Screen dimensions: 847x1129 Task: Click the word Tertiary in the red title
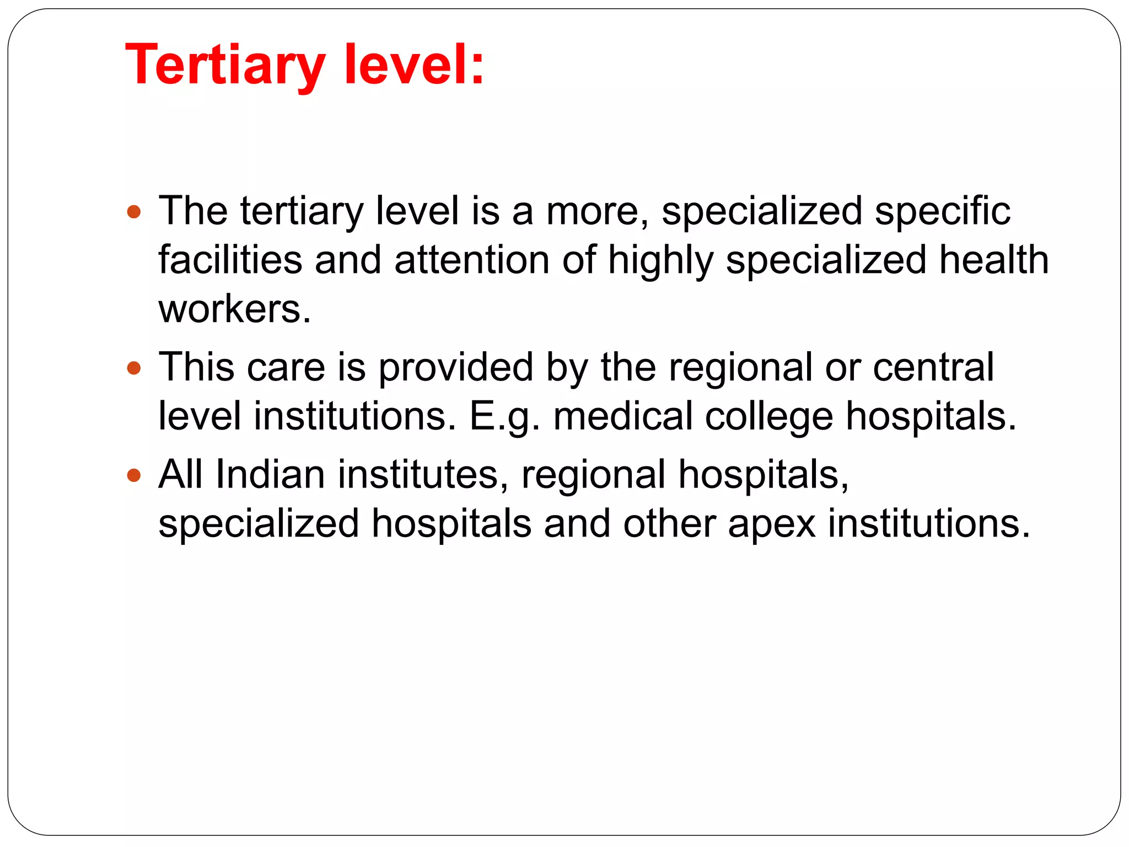(225, 66)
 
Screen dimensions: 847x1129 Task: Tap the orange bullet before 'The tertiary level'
(134, 211)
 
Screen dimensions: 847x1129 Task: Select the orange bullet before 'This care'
(134, 367)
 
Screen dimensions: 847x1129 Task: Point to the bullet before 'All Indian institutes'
(134, 475)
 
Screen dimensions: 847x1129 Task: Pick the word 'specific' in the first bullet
(943, 212)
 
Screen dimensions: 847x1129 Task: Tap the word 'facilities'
(230, 260)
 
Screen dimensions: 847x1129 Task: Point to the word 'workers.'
(235, 309)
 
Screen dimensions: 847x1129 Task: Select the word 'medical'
(622, 416)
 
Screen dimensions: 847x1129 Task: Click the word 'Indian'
(270, 475)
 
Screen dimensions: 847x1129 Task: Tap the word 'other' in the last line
(669, 524)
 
